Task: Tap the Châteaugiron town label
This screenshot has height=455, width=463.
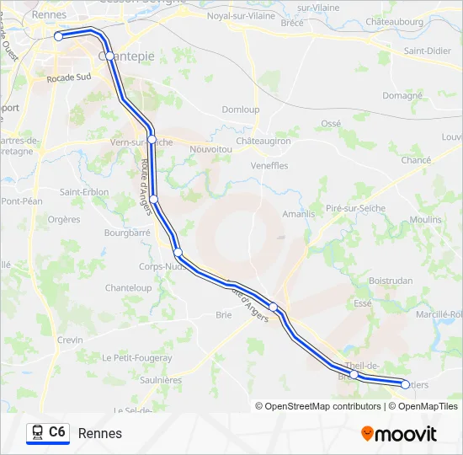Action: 262,141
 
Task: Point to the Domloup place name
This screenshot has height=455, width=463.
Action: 240,110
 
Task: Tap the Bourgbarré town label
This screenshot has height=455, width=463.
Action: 126,231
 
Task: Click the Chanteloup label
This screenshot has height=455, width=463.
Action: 129,287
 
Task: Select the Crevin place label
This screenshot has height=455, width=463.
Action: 70,340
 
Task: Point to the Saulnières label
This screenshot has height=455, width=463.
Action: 159,380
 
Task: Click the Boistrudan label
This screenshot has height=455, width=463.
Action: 389,280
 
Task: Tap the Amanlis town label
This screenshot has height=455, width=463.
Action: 298,214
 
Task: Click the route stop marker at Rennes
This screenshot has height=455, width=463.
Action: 59,36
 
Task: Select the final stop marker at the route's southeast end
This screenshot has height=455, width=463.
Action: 405,384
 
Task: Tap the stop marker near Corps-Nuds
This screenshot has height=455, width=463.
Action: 178,252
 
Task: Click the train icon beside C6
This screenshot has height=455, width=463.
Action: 36,432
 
